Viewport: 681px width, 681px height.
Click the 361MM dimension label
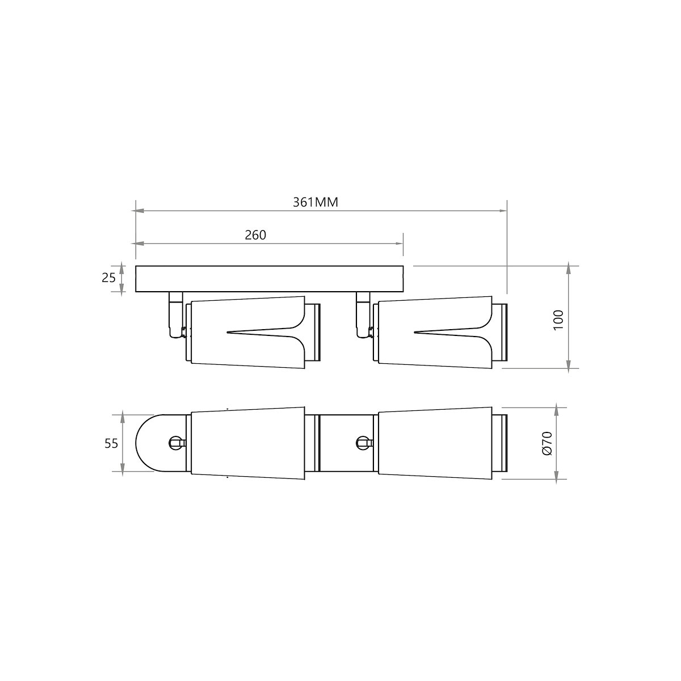click(x=315, y=202)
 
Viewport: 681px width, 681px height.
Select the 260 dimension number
click(x=255, y=235)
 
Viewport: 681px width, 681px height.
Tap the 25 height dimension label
click(x=108, y=278)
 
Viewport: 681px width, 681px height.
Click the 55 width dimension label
click(x=111, y=444)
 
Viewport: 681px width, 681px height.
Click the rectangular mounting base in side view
click(x=270, y=279)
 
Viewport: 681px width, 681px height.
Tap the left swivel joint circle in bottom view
click(x=175, y=443)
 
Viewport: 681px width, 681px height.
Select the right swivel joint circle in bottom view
click(x=362, y=443)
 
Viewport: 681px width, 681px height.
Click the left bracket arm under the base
click(x=175, y=314)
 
